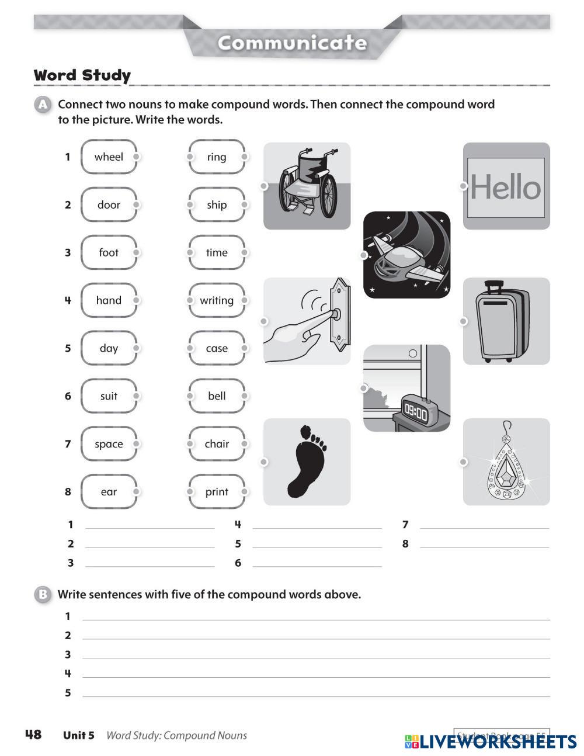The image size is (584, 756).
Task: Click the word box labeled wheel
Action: point(109,157)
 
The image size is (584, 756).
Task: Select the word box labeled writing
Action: point(217,300)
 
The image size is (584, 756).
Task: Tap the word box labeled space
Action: point(109,444)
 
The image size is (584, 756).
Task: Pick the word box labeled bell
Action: point(217,396)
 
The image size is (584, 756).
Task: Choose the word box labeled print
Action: point(217,492)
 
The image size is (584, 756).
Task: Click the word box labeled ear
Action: point(109,492)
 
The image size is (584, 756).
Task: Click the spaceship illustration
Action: point(407,255)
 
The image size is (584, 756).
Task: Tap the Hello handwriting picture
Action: point(506,186)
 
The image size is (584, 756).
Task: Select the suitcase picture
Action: point(503,321)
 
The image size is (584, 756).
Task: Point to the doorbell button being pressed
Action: point(336,314)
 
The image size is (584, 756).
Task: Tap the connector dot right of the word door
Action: point(136,204)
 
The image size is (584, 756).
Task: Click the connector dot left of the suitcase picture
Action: point(464,321)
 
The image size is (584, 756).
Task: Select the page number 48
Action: point(33,734)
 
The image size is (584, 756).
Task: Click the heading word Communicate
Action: point(292,43)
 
